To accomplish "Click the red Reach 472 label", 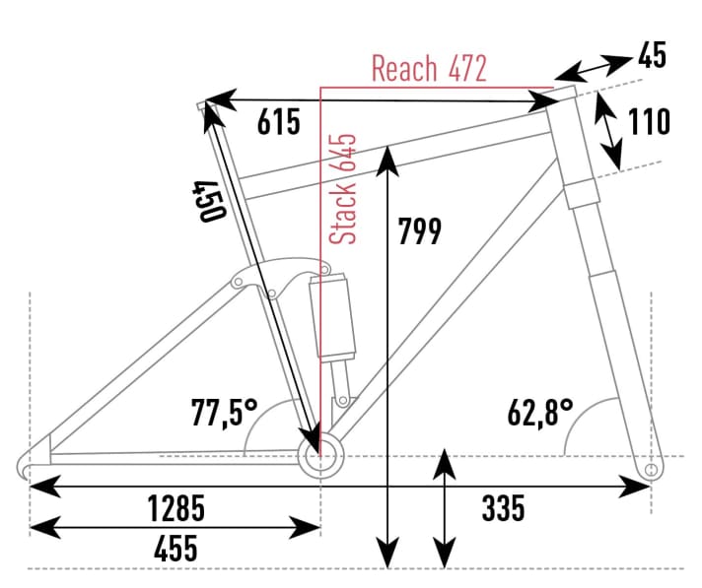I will tap(429, 69).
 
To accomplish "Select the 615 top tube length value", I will tap(277, 123).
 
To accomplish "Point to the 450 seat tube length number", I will tap(206, 201).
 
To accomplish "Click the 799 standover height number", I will tap(419, 230).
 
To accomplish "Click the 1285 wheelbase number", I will tap(175, 509).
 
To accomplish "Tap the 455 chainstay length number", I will tap(175, 548).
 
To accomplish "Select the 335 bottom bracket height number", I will tap(503, 509).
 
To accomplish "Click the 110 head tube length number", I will tap(649, 122).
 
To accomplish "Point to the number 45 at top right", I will tap(651, 56).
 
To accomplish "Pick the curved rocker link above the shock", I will tap(281, 276).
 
